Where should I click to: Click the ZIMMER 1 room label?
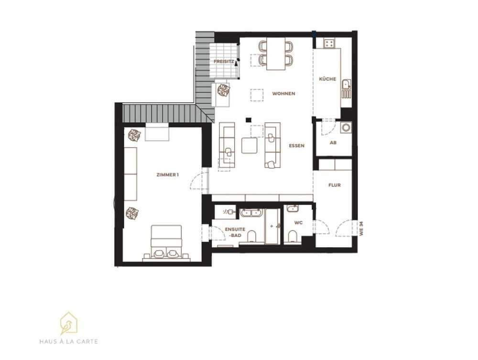pyautogui.click(x=167, y=175)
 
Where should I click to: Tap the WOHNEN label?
pyautogui.click(x=283, y=94)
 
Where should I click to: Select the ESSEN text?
pyautogui.click(x=297, y=146)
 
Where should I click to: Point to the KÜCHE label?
pyautogui.click(x=327, y=79)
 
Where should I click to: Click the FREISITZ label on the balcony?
pyautogui.click(x=224, y=62)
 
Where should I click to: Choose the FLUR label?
pyautogui.click(x=335, y=185)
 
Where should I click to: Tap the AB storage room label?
pyautogui.click(x=333, y=142)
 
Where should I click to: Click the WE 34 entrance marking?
pyautogui.click(x=361, y=228)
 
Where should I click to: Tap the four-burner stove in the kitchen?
pyautogui.click(x=329, y=44)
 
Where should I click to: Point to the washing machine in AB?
pyautogui.click(x=346, y=127)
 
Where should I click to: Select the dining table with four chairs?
pyautogui.click(x=276, y=54)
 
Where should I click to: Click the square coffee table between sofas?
pyautogui.click(x=250, y=145)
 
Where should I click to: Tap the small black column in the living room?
pyautogui.click(x=249, y=120)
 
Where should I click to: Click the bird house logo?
pyautogui.click(x=68, y=323)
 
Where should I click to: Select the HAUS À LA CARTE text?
pyautogui.click(x=69, y=341)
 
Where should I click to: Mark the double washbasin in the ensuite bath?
pyautogui.click(x=251, y=212)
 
